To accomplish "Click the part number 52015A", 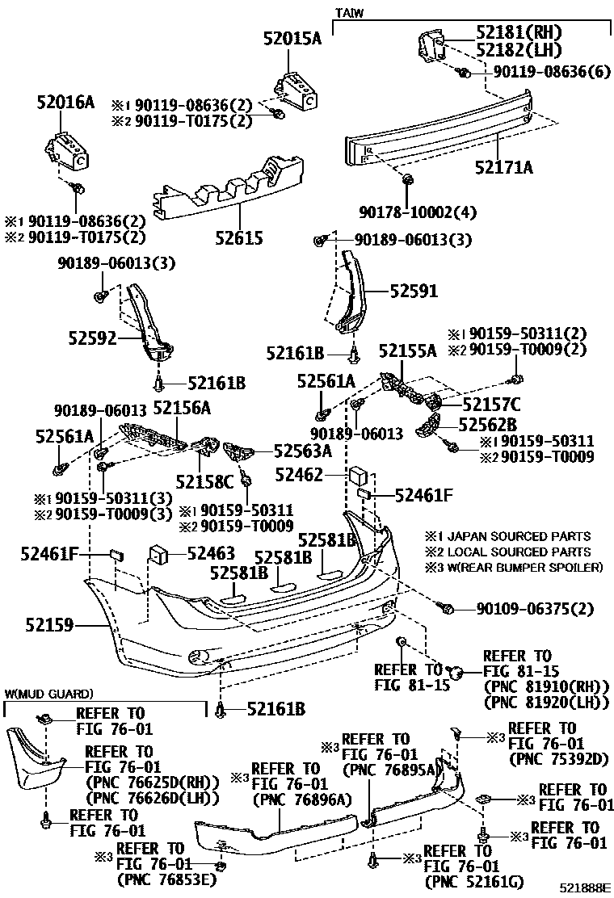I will [x=292, y=37].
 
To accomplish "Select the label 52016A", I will [x=65, y=102].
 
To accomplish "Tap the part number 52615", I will [x=240, y=238].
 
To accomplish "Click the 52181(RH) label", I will [x=519, y=32].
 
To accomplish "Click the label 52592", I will [x=90, y=338].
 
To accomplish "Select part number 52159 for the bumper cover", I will [x=49, y=624].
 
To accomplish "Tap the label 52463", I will [x=211, y=553].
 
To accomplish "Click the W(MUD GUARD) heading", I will [x=48, y=694].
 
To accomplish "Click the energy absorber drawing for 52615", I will [x=230, y=190].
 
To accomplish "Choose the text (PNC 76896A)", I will [x=292, y=799].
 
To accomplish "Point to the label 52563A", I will [x=302, y=451].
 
